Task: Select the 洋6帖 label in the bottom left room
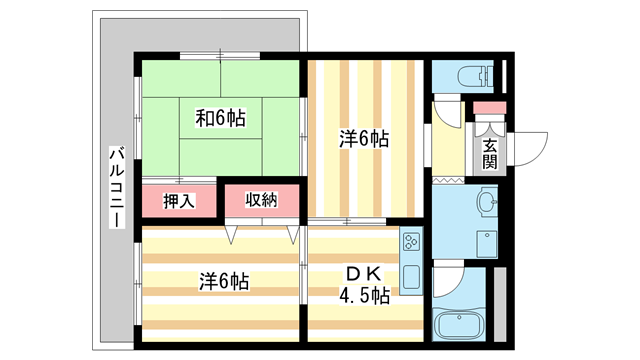point(222,282)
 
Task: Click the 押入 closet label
point(178,201)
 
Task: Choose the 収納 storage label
point(261,201)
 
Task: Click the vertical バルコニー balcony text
point(115,186)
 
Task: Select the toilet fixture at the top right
point(470,76)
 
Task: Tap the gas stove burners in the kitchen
point(411,243)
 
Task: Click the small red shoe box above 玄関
point(489,108)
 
